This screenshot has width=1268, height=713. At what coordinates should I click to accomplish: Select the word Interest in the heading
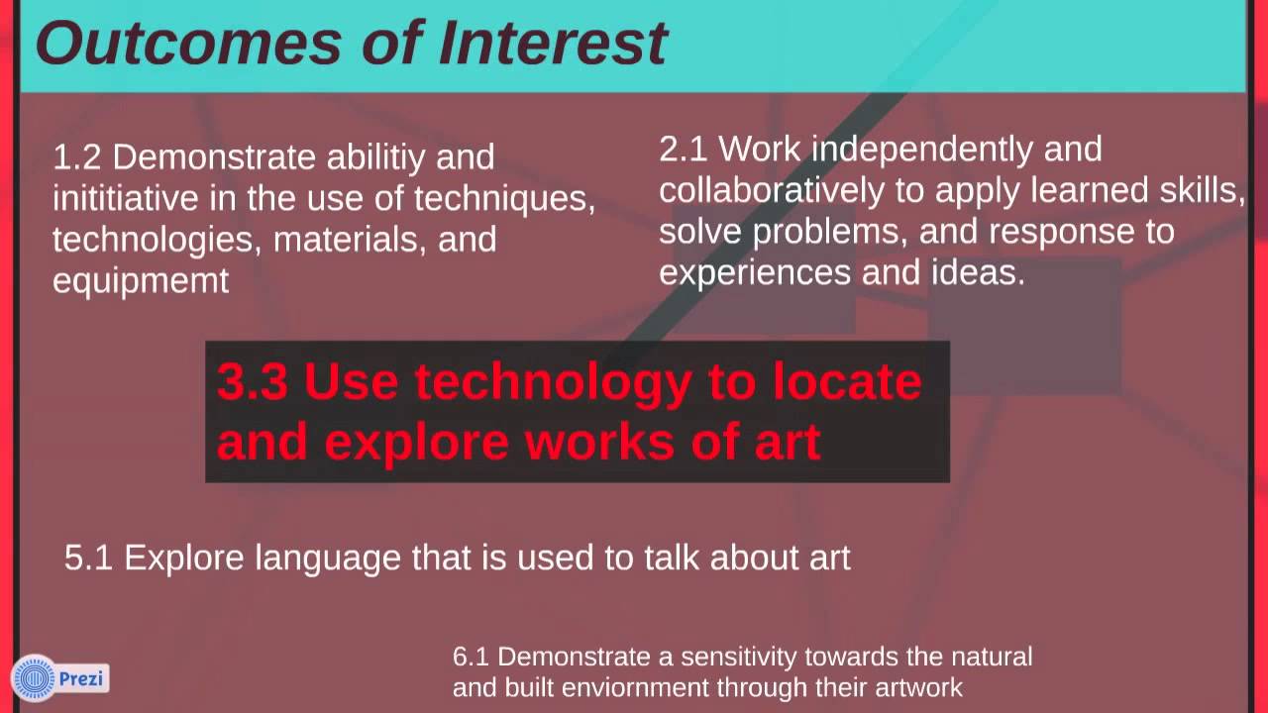pyautogui.click(x=554, y=43)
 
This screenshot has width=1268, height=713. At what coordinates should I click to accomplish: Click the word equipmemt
pyautogui.click(x=141, y=281)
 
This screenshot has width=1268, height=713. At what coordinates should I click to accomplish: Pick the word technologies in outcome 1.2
pyautogui.click(x=158, y=240)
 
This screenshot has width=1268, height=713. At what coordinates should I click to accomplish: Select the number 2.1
pyautogui.click(x=684, y=150)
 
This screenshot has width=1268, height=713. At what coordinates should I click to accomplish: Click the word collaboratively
pyautogui.click(x=771, y=190)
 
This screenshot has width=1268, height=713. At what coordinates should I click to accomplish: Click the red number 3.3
pyautogui.click(x=252, y=382)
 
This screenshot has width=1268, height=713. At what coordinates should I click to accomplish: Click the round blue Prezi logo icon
pyautogui.click(x=35, y=679)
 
